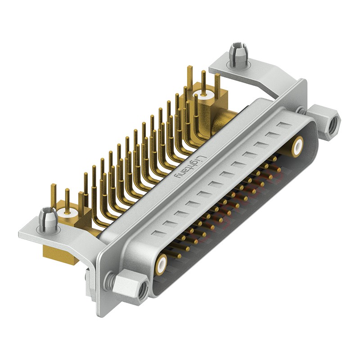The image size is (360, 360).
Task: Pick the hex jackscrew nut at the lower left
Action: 130,287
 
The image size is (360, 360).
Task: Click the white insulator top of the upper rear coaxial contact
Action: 203,95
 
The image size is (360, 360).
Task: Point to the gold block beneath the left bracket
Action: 58,257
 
